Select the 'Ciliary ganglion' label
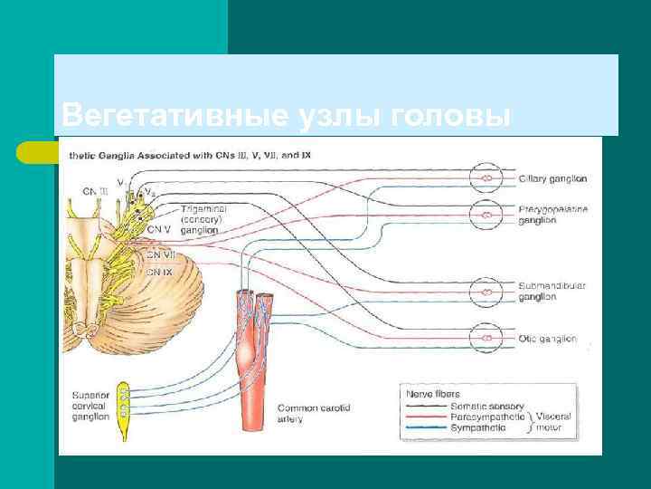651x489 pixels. pos(552,179)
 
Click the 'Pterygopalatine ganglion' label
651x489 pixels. pos(552,215)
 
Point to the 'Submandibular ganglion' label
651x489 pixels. pos(552,291)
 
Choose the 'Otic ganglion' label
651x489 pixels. pos(547,339)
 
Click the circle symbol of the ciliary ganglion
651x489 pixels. pos(486,178)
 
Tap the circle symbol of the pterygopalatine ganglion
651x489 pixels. pos(486,215)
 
